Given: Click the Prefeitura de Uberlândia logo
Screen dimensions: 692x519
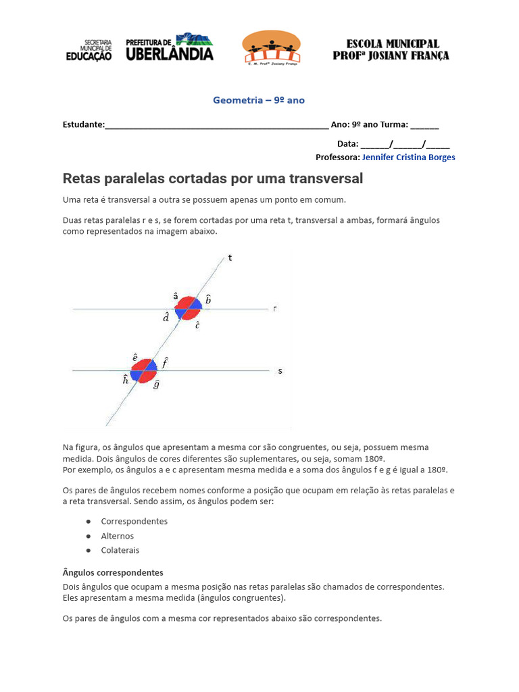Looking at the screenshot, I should [170, 48].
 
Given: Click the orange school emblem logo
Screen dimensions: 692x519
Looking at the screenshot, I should [272, 47].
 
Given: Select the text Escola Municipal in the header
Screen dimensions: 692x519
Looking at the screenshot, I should [391, 43].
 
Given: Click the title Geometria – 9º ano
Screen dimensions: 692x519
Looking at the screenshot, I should [259, 100].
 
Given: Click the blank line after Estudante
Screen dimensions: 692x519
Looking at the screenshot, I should [216, 125].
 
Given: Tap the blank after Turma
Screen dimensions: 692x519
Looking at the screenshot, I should [424, 125].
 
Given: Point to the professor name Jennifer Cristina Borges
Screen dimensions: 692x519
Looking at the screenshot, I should [408, 157].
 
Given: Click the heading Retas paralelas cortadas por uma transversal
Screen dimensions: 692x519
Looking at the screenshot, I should [213, 178].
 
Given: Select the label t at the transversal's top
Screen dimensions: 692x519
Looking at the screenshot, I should [230, 257].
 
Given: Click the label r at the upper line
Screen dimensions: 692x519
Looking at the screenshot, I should [275, 309].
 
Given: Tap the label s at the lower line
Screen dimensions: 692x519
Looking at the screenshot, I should [280, 371].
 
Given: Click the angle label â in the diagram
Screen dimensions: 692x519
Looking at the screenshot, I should [176, 296].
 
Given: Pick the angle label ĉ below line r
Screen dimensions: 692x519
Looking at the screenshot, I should [197, 325].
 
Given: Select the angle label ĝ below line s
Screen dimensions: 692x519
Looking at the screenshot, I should [156, 385].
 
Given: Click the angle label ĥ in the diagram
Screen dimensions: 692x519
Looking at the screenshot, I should [126, 380].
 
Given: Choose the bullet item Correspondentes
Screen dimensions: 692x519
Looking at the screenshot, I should [134, 521].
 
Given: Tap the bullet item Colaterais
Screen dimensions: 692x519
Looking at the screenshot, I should [120, 550].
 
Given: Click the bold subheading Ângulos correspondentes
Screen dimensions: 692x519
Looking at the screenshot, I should [113, 572].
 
